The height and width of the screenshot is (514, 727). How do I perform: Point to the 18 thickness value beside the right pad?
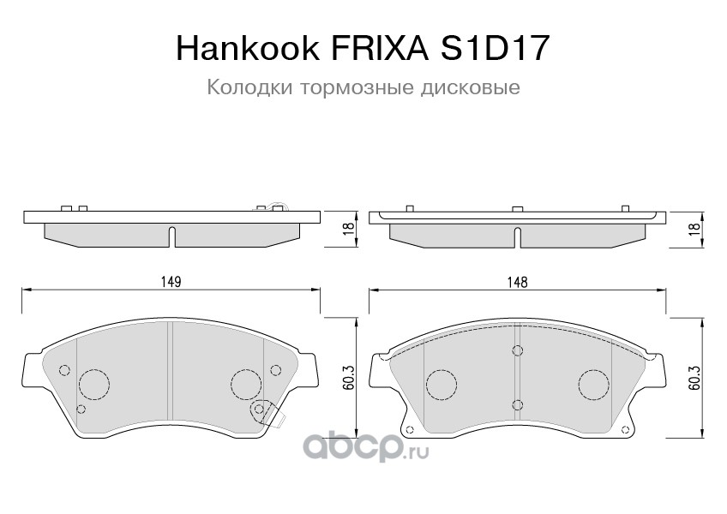point(695,228)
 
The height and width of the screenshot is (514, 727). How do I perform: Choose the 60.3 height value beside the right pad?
point(695,378)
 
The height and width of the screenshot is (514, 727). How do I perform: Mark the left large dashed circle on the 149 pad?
point(93,383)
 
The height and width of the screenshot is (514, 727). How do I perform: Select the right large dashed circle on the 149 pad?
point(247,381)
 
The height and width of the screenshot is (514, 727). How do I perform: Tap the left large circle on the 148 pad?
point(441,383)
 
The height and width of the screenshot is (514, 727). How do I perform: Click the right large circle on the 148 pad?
point(592,383)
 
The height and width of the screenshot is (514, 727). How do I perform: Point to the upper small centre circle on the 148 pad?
point(517,350)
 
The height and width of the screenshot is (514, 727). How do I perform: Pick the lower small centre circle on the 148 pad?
point(517,405)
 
